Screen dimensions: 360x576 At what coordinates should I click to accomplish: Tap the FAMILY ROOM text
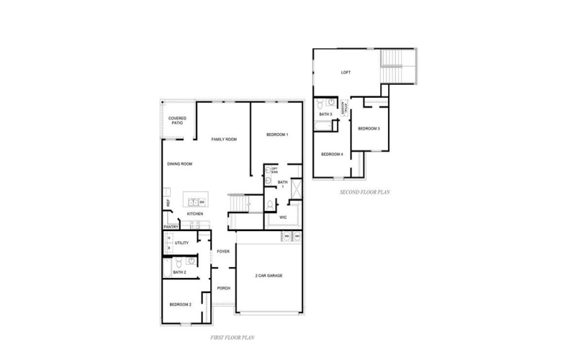coord(224,139)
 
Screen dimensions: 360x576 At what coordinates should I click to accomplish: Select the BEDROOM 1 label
coord(277,135)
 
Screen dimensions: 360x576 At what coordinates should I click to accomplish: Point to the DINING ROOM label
coord(179,164)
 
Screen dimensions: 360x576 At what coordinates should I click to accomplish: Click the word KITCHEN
coord(195,214)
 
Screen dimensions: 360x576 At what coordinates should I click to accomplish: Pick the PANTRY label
coord(171,227)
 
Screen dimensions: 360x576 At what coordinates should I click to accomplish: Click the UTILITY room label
coord(181,243)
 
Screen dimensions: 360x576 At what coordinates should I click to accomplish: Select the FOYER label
coord(223,251)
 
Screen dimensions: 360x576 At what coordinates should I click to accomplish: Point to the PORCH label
coord(223,287)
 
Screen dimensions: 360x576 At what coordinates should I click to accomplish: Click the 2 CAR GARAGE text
coord(269,276)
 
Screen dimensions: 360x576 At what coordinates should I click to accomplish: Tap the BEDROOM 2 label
coord(180,305)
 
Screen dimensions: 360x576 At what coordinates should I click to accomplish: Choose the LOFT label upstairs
coord(346,72)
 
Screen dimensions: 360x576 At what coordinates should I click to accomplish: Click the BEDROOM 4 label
coord(331,154)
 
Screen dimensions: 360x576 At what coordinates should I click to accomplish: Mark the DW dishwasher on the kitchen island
coord(202,202)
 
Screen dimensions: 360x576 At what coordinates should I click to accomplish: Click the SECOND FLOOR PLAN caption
coord(365,192)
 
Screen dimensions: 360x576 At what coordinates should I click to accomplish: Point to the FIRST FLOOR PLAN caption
coord(231,336)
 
